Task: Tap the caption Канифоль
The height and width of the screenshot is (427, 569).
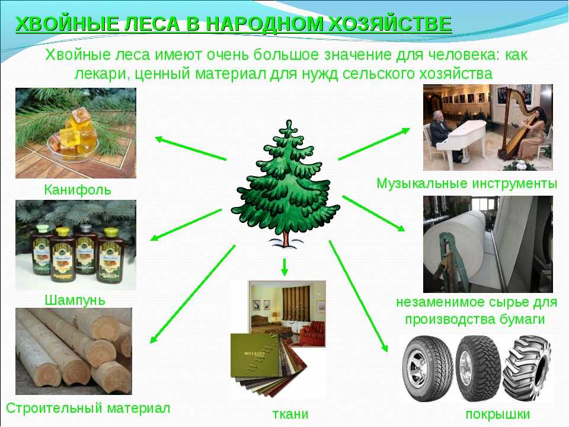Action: pyautogui.click(x=77, y=190)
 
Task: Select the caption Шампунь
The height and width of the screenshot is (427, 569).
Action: pyautogui.click(x=75, y=300)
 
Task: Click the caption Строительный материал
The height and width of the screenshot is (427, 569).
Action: pyautogui.click(x=88, y=408)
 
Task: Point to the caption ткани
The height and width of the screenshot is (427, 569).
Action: pyautogui.click(x=290, y=414)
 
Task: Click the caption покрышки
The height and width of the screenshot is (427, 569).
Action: pyautogui.click(x=497, y=415)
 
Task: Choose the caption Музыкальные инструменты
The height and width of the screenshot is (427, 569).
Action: pyautogui.click(x=466, y=183)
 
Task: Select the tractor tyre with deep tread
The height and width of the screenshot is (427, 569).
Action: pyautogui.click(x=528, y=368)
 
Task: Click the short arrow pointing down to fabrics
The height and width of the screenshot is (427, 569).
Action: pyautogui.click(x=284, y=267)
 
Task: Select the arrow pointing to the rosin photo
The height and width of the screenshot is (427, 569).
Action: pyautogui.click(x=190, y=148)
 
